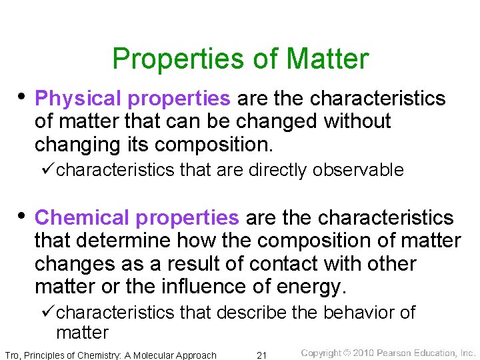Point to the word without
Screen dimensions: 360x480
point(357,122)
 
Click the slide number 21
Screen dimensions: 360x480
point(262,355)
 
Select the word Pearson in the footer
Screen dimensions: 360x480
point(395,353)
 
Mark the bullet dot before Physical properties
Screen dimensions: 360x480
point(22,97)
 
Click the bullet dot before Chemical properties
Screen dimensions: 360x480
point(22,216)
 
